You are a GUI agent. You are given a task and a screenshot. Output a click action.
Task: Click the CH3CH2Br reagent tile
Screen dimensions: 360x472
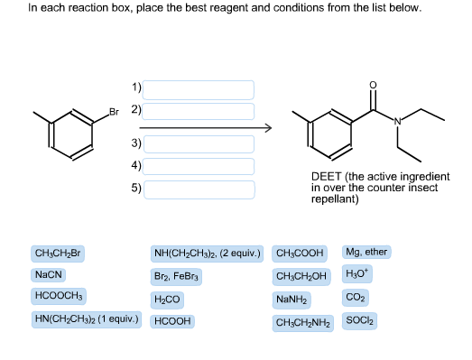58,254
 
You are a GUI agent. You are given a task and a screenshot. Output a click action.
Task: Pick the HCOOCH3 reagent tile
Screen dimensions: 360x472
59,296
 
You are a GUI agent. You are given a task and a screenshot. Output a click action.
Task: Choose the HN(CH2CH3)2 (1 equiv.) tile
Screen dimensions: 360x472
88,318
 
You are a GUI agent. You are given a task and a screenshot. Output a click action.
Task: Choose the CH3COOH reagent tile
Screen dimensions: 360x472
301,254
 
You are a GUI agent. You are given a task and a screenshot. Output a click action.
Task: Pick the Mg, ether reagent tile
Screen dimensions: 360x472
366,253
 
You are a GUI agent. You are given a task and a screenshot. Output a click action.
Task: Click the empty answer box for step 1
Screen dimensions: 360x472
199,89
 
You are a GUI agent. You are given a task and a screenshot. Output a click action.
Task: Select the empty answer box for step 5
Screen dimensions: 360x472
199,189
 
